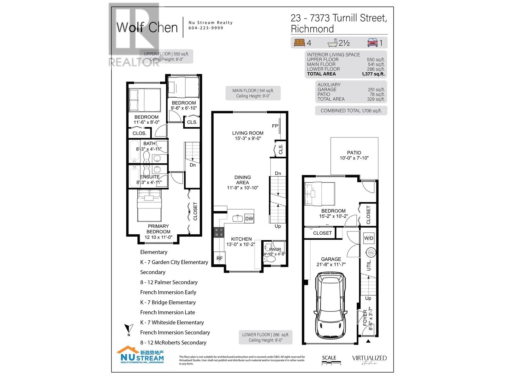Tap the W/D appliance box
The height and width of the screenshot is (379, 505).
pos(369,238)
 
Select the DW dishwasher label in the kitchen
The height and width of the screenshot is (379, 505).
pos(249,219)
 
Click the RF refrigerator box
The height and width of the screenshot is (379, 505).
pos(219,258)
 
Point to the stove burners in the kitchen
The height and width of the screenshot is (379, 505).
pos(218,232)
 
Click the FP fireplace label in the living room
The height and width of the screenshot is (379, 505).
pos(275,126)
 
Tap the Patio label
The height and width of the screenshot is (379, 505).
pos(354,153)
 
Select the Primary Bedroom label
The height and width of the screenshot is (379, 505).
pos(158,229)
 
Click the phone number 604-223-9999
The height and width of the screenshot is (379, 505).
pos(206,28)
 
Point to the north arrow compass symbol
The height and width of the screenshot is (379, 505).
pos(128,329)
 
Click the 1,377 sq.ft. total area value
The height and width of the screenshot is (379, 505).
pos(373,74)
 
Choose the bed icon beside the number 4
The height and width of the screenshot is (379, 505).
pos(299,43)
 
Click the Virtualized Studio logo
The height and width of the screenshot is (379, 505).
pos(369,359)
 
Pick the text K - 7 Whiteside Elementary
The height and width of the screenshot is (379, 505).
pos(172,322)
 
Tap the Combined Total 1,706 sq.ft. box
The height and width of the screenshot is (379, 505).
pos(351,111)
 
